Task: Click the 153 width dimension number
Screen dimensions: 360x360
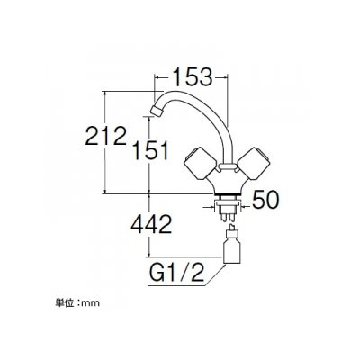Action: (x=193, y=76)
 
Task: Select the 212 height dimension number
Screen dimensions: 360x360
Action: (x=106, y=136)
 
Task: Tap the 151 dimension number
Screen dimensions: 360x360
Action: (x=150, y=150)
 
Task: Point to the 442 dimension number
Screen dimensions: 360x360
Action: (x=151, y=224)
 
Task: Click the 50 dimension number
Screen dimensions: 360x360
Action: (x=265, y=200)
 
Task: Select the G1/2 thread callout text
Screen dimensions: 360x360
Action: (x=176, y=273)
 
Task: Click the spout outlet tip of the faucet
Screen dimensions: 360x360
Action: (x=157, y=111)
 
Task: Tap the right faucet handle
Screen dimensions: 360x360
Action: (x=253, y=164)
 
